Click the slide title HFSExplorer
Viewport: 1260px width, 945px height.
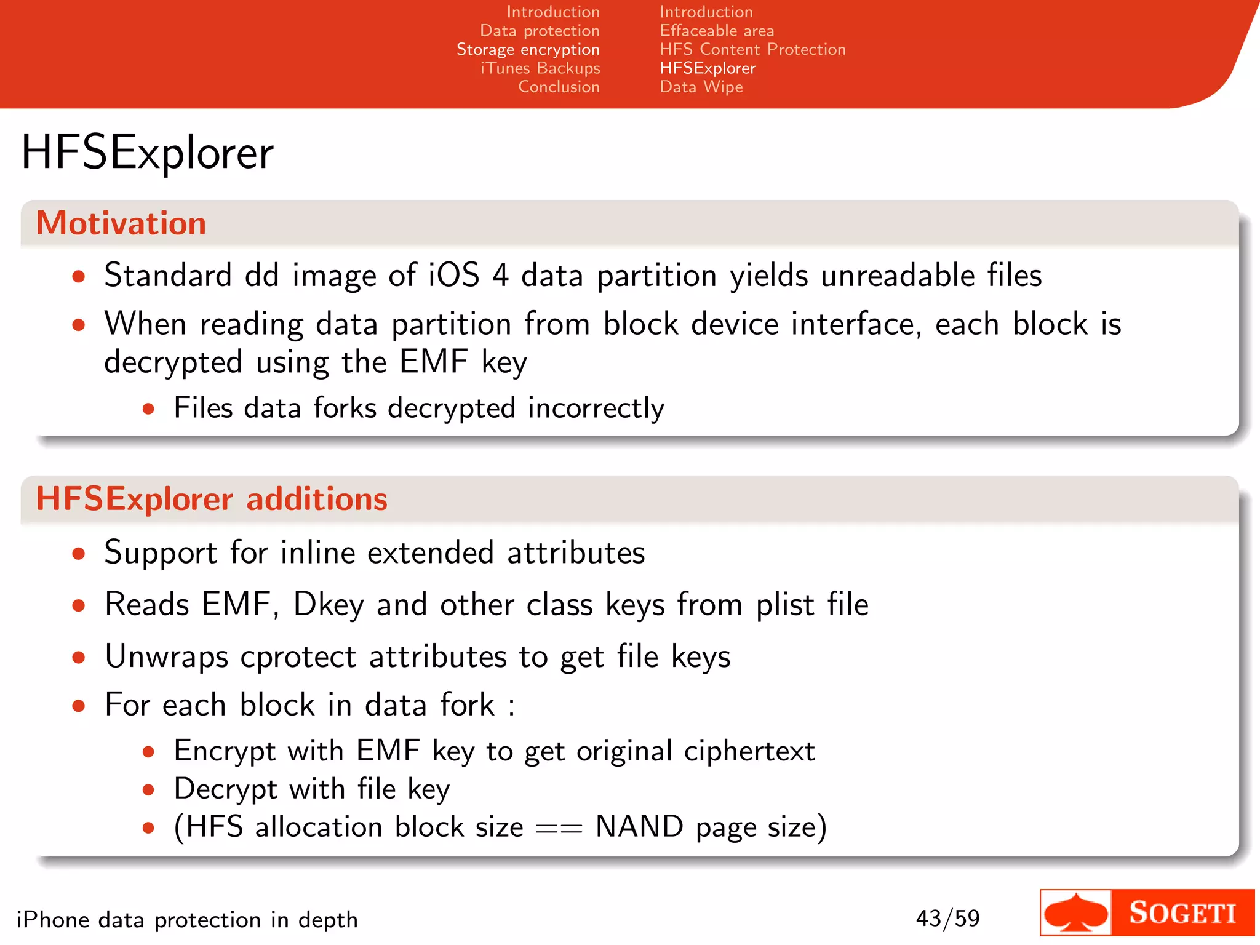coord(147,153)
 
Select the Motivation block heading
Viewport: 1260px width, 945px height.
coord(121,223)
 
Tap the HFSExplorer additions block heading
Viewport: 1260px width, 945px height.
coord(212,498)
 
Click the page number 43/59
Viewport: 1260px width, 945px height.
coord(947,919)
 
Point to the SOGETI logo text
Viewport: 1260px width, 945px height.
coord(1182,913)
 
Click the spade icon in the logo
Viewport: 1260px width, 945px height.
coord(1075,913)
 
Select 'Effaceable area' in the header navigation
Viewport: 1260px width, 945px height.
coord(717,31)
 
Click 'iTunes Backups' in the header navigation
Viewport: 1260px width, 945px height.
coord(540,68)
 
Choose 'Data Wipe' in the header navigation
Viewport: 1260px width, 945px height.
coord(701,87)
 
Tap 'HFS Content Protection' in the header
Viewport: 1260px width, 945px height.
coord(752,49)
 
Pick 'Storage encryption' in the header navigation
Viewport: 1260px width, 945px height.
coord(528,49)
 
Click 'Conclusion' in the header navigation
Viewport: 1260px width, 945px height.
coord(559,87)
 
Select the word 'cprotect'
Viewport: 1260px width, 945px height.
coord(298,657)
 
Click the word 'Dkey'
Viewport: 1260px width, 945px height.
coord(329,605)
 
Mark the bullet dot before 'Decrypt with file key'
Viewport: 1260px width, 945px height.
coord(148,790)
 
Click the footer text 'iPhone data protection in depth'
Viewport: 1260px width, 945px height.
coord(187,920)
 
